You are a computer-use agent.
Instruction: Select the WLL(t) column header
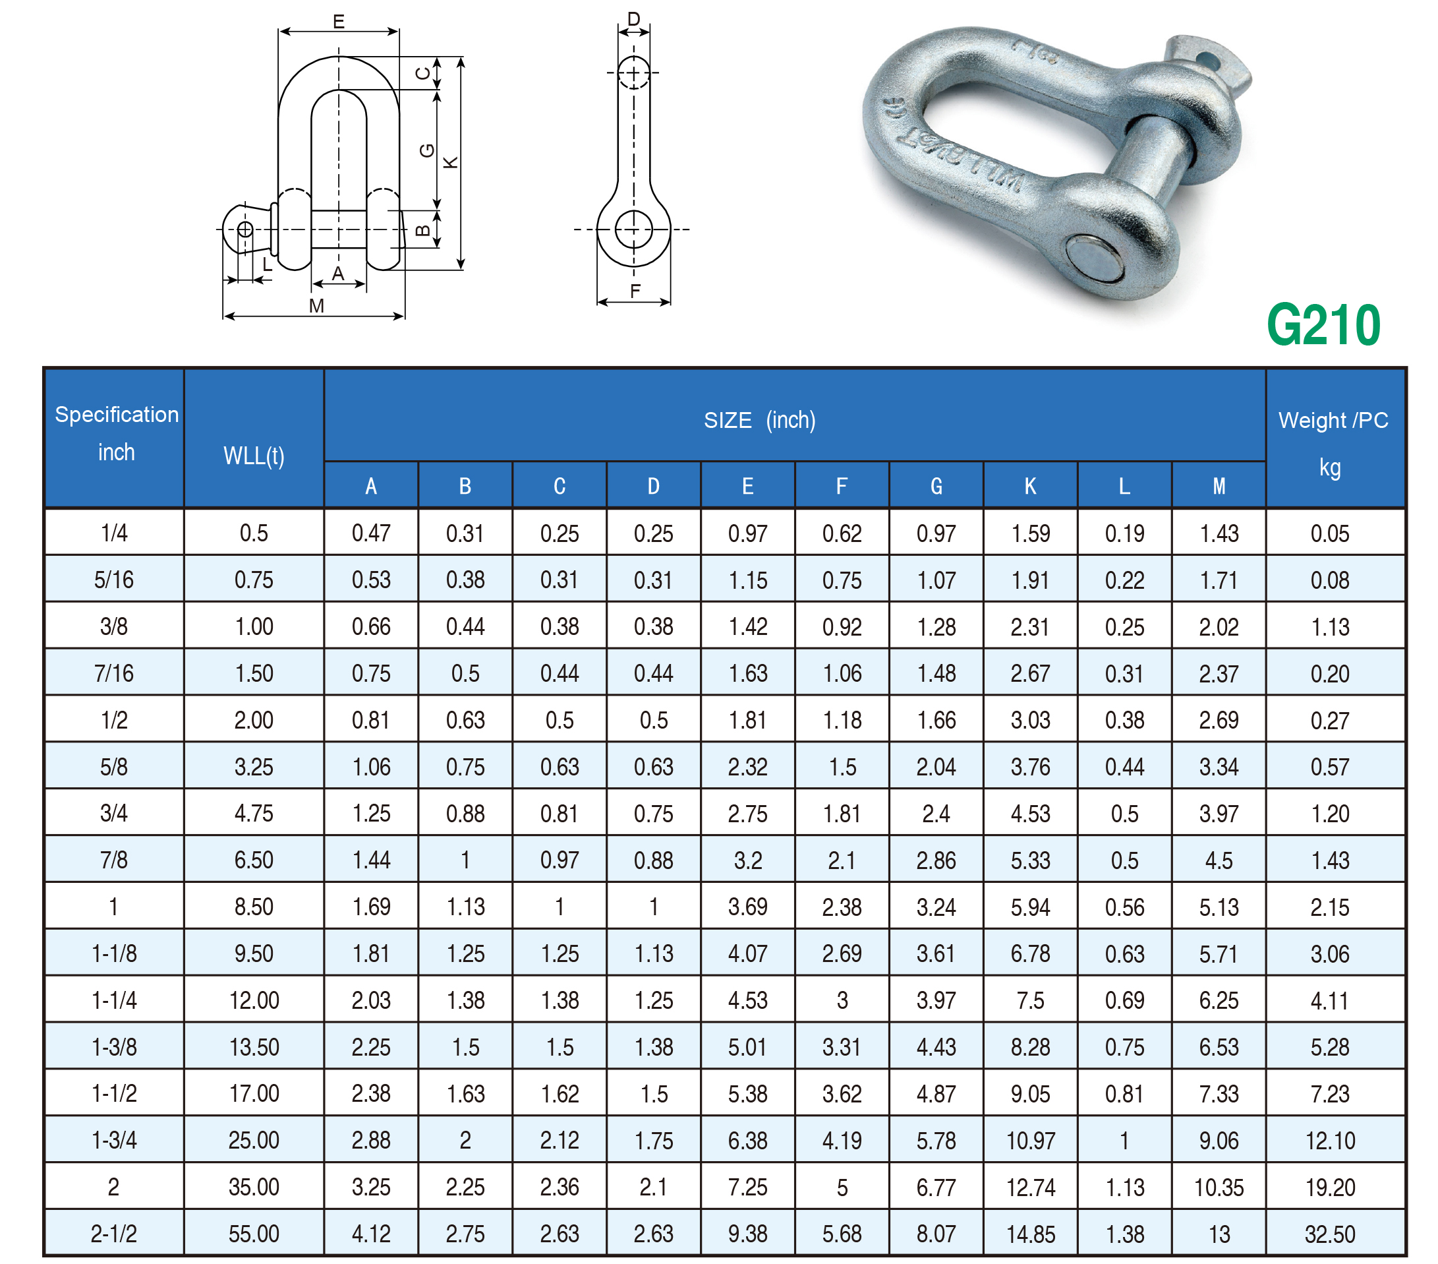pos(254,456)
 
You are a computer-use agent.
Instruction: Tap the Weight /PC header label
pos(1333,420)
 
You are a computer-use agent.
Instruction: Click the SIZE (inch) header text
pos(760,420)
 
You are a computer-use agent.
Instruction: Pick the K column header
pos(1030,485)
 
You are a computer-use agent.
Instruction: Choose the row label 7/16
pos(114,673)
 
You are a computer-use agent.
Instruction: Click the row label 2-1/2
pos(114,1234)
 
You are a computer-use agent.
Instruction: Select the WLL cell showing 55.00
pos(254,1234)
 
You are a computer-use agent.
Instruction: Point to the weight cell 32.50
pos(1330,1234)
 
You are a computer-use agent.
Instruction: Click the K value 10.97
pos(1031,1140)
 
